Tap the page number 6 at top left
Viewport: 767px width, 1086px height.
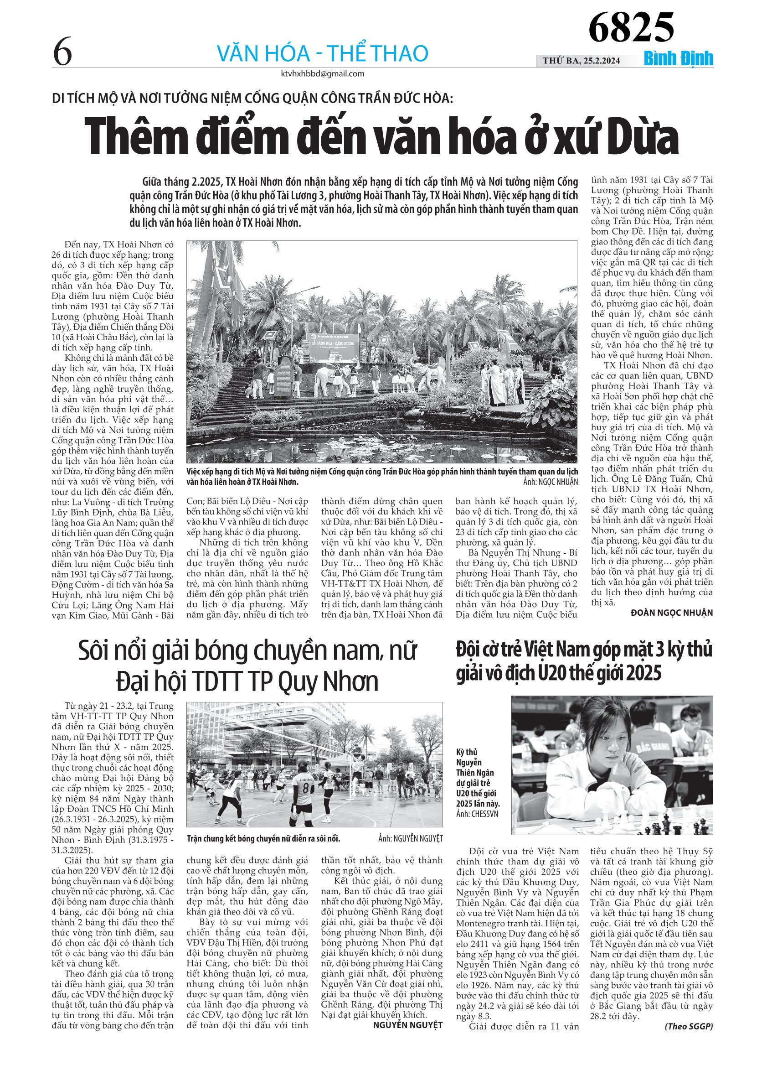pos(62,52)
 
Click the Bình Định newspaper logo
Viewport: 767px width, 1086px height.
pos(678,59)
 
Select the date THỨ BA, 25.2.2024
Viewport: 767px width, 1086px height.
pos(581,61)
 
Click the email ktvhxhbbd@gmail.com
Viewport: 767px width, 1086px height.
pos(322,74)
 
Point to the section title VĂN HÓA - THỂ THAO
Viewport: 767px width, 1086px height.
pos(322,53)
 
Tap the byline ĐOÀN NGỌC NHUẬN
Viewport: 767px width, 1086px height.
pos(672,613)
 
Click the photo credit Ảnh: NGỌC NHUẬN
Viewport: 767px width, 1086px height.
pos(550,482)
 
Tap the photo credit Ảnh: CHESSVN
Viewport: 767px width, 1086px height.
pos(477,814)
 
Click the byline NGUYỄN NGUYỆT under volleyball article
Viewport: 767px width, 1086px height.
pos(407,1025)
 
